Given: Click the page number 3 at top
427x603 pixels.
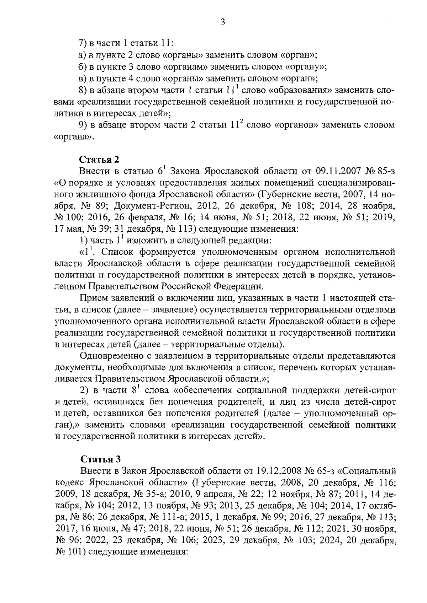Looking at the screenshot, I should click(x=223, y=22).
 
